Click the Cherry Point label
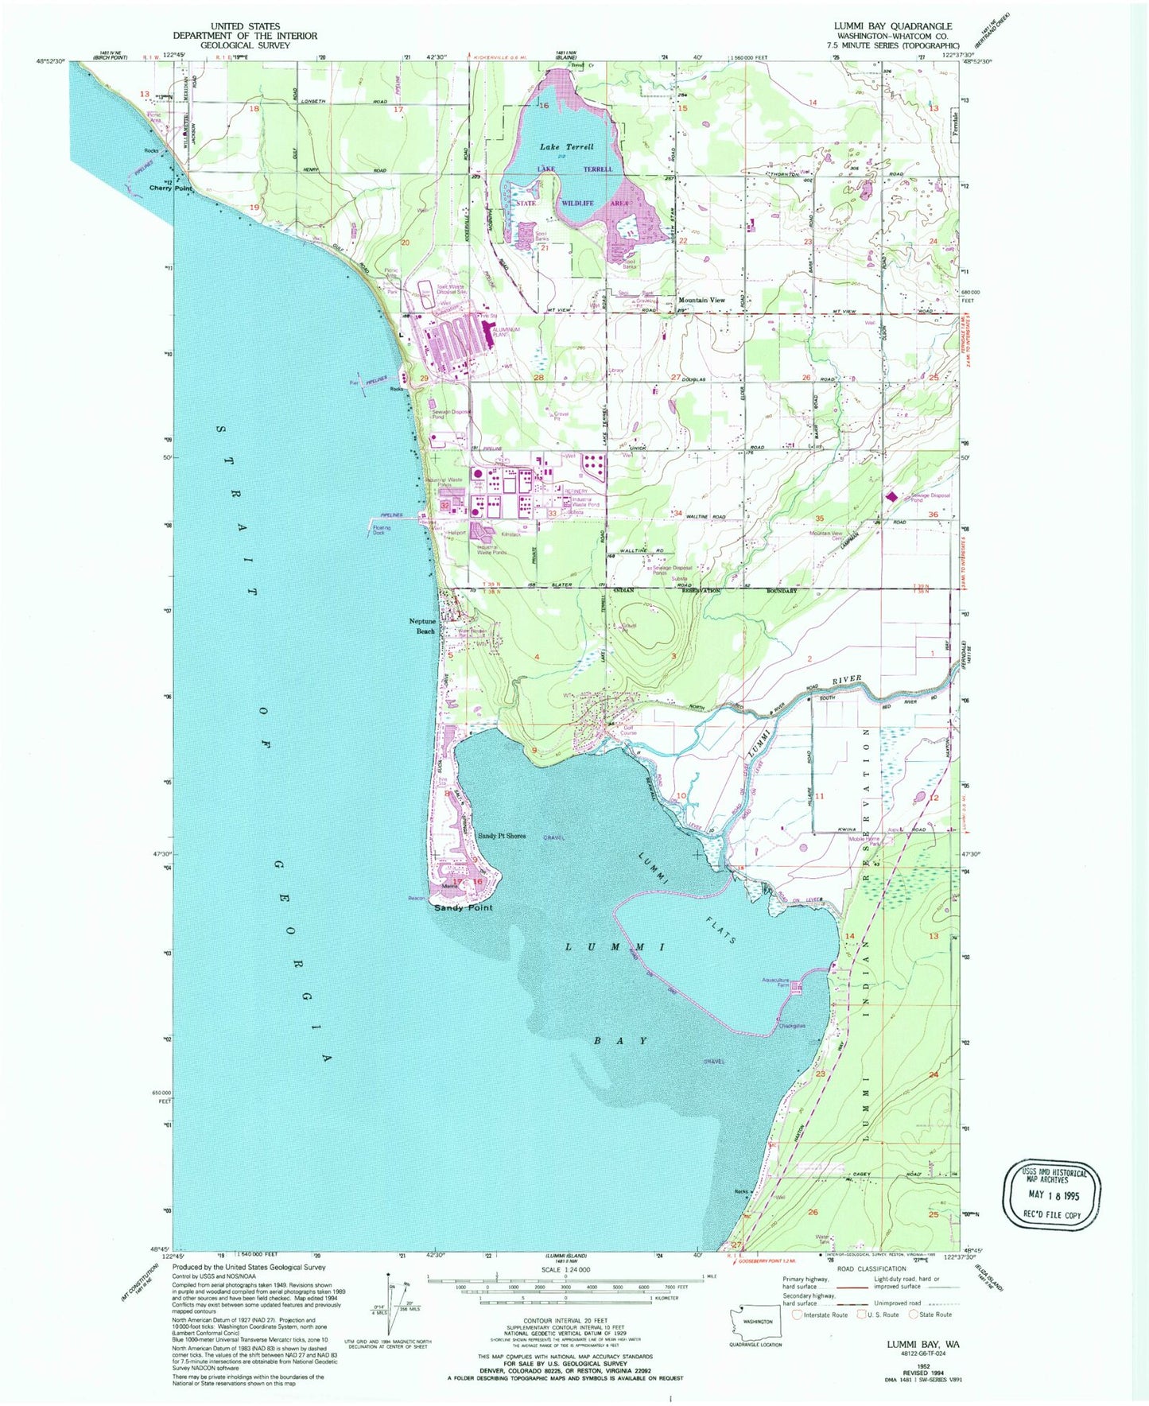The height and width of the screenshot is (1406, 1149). tap(171, 188)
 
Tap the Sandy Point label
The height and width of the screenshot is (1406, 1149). tap(464, 907)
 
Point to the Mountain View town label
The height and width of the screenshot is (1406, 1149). tap(701, 300)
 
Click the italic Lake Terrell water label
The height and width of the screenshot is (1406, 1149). tap(566, 147)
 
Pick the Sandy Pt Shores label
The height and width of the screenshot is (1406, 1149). tap(501, 836)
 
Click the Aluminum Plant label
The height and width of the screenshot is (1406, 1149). tap(507, 332)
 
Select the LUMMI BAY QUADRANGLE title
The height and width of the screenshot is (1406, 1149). tap(892, 26)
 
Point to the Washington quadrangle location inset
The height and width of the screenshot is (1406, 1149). tap(757, 1321)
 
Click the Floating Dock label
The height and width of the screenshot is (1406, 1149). tap(378, 530)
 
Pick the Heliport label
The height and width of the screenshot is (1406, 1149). tap(456, 533)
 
